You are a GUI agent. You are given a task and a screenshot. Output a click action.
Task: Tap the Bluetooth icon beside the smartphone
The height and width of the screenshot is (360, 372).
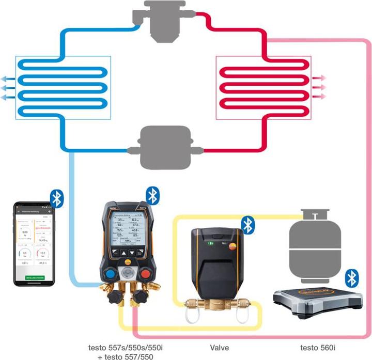click(x=57, y=198)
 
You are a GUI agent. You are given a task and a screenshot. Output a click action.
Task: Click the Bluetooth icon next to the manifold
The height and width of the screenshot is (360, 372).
click(x=152, y=195)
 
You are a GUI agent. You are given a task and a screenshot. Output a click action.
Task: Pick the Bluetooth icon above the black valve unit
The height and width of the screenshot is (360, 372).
click(x=249, y=225)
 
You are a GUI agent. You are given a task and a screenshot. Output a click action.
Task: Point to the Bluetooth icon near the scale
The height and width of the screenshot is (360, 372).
click(x=352, y=277)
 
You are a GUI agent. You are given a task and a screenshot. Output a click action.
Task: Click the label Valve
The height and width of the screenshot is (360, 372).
click(x=219, y=348)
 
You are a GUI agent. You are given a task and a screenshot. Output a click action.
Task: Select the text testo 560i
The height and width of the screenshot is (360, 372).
click(x=314, y=348)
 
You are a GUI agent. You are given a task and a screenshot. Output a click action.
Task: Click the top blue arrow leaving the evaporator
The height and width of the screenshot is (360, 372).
click(x=7, y=79)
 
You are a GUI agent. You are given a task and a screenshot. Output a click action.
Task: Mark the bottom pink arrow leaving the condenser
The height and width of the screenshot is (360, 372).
click(x=319, y=97)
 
